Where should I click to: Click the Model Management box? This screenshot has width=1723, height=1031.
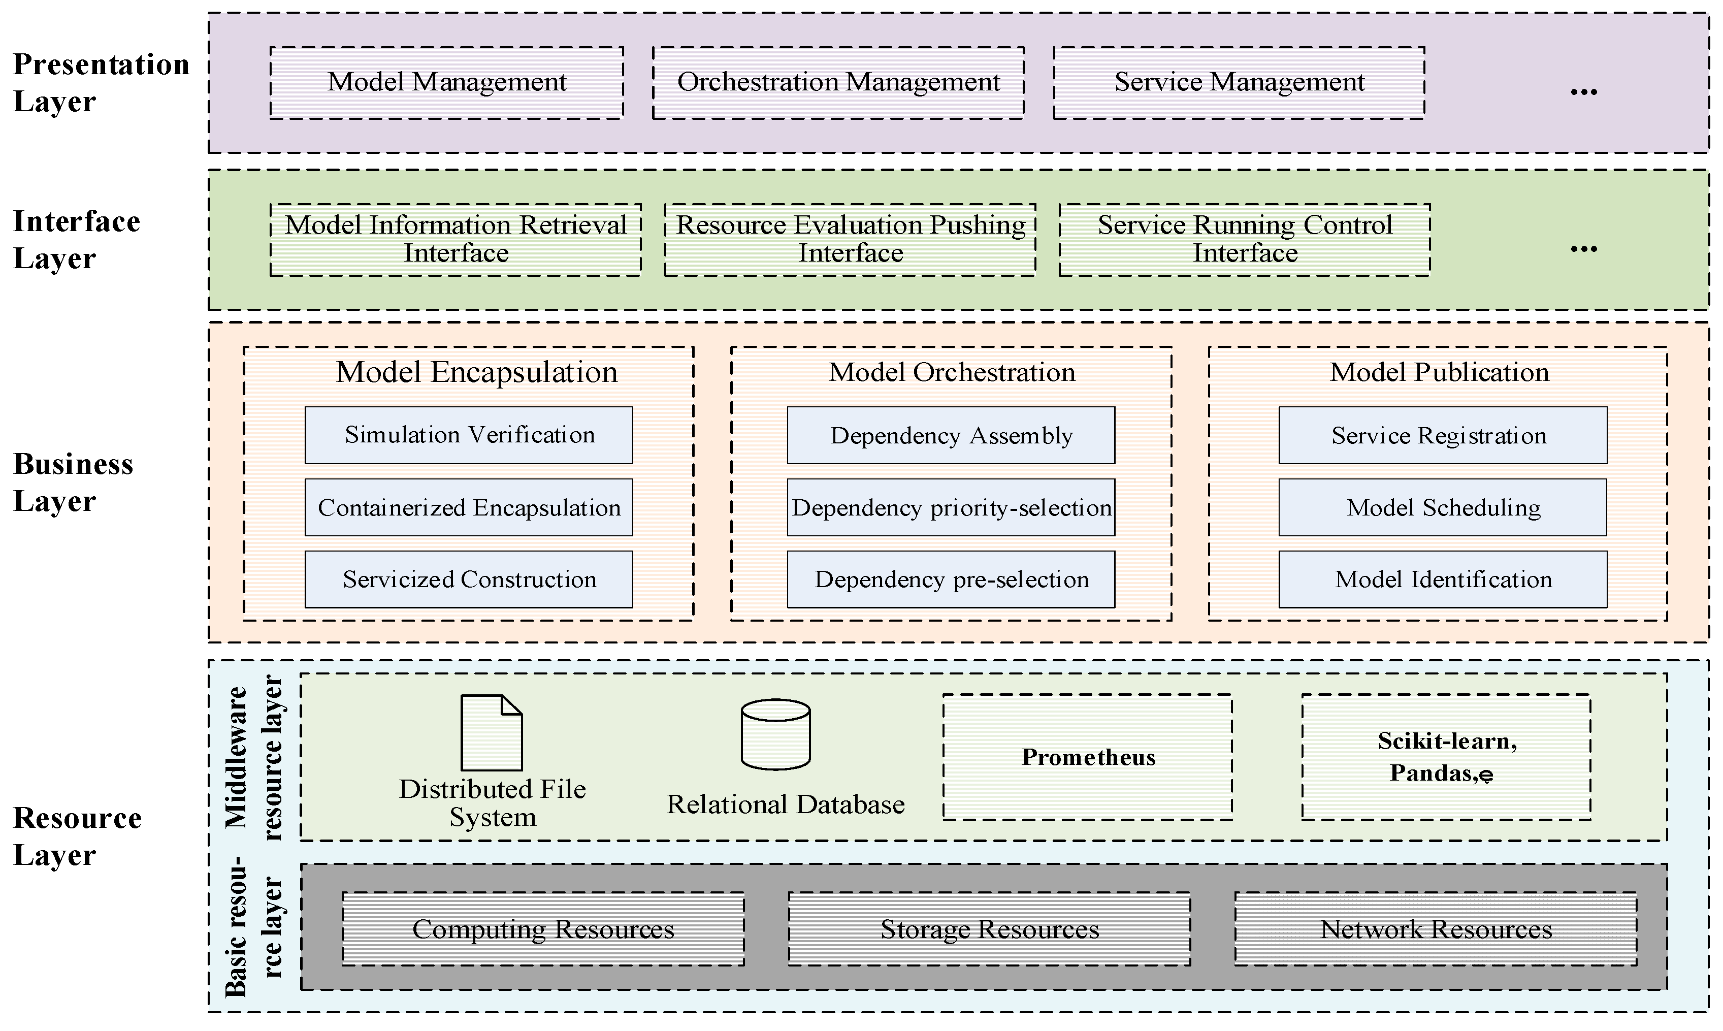point(446,83)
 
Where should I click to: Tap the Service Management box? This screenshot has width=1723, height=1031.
point(1239,83)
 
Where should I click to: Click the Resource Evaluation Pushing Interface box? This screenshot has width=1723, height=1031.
point(850,239)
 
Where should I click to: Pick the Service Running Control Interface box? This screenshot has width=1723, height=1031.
point(1245,239)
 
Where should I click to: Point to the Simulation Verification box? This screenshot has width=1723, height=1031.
point(469,435)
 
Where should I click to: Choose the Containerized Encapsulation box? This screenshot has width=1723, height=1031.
point(469,507)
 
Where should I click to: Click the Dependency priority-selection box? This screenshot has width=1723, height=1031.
point(951,507)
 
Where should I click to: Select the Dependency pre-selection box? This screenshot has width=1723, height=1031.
point(951,579)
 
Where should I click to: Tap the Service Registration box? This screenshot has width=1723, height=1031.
point(1442,435)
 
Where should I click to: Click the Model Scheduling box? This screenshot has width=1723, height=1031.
point(1442,507)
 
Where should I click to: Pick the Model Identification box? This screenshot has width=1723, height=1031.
point(1442,579)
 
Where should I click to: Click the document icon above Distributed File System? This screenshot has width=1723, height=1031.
point(492,732)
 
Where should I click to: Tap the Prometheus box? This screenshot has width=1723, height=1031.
point(1088,757)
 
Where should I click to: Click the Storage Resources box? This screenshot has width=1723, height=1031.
point(989,929)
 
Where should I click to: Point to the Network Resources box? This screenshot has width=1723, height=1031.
point(1436,929)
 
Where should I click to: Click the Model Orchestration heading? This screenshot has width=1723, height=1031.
point(952,372)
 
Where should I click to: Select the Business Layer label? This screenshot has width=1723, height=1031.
point(73,482)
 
